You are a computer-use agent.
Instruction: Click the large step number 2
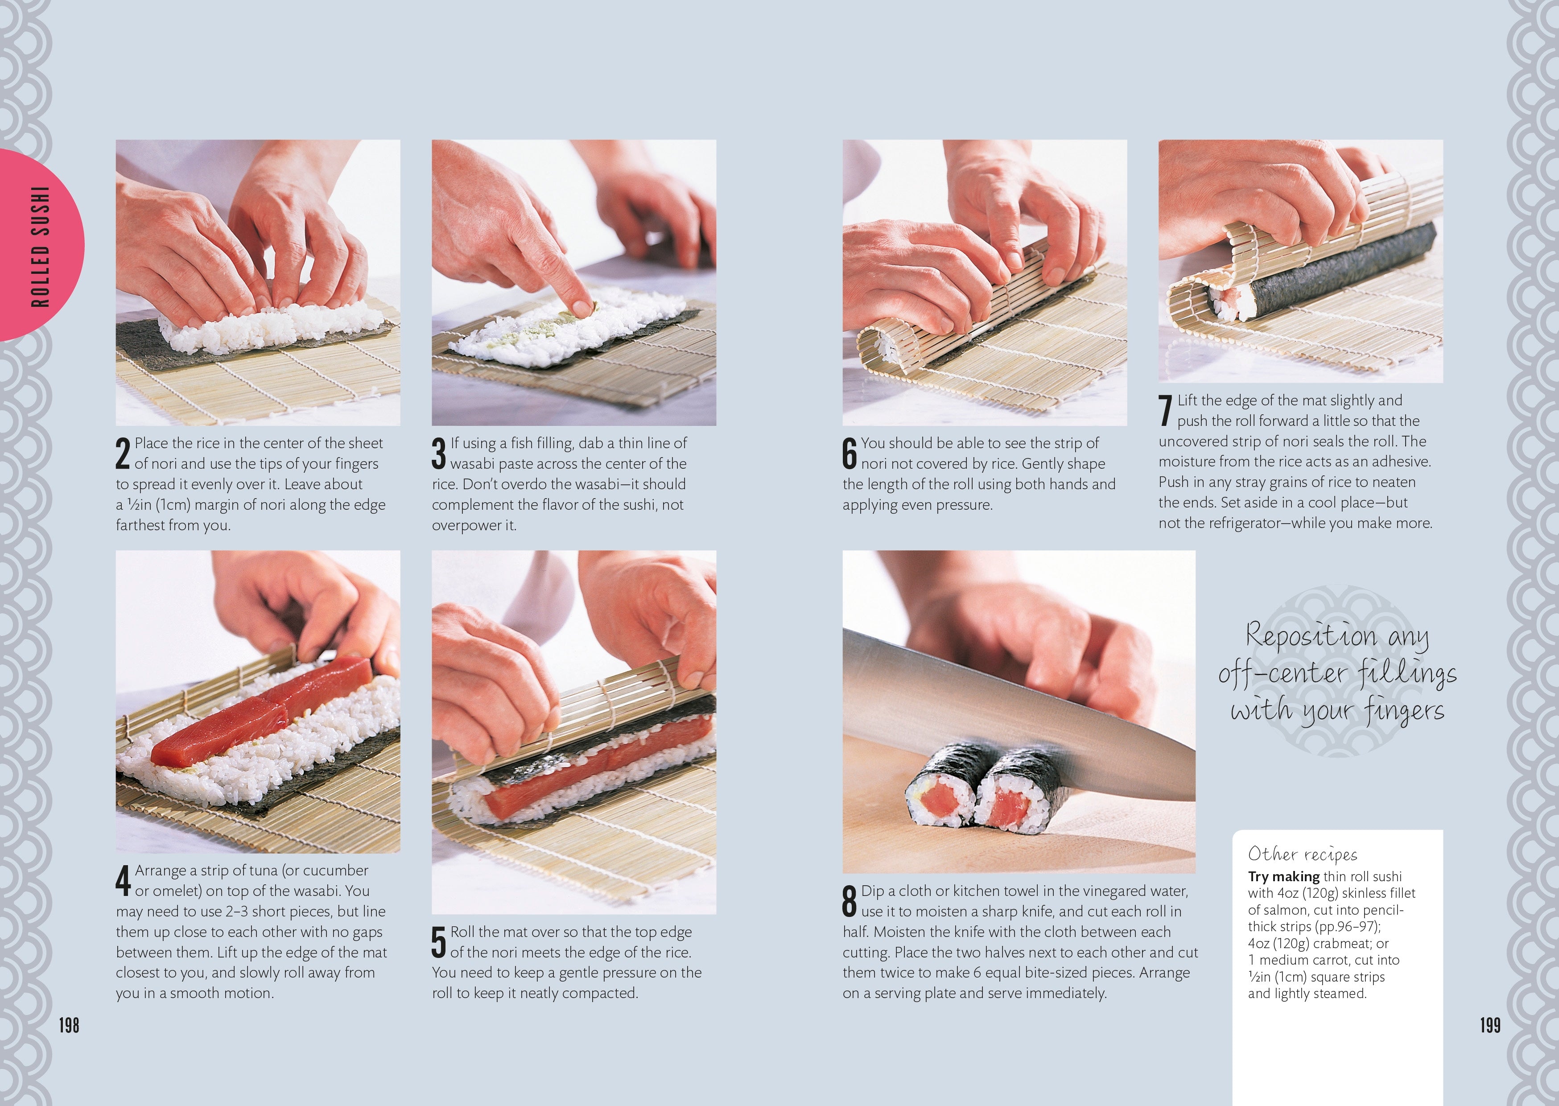(123, 454)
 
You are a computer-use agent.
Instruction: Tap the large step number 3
(438, 454)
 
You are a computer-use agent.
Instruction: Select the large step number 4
(123, 881)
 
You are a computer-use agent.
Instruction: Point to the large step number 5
(438, 942)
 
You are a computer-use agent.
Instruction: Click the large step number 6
(850, 454)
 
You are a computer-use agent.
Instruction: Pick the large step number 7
(1166, 411)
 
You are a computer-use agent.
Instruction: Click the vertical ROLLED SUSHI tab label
(41, 247)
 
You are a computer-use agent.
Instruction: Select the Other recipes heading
(1302, 854)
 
